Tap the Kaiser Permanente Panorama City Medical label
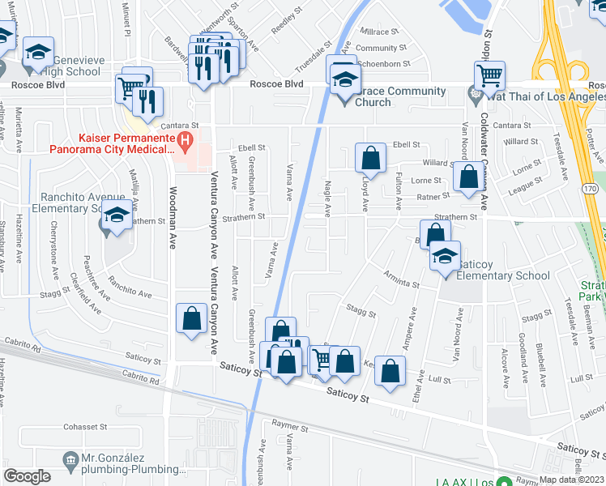coord(112,143)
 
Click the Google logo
coord(27,476)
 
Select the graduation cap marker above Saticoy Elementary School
coord(444,258)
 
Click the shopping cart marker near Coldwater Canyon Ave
coord(489,77)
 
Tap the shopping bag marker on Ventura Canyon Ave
coord(192,318)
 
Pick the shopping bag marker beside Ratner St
coord(468,177)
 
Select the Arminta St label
coord(402,279)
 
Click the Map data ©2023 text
coord(571,480)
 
